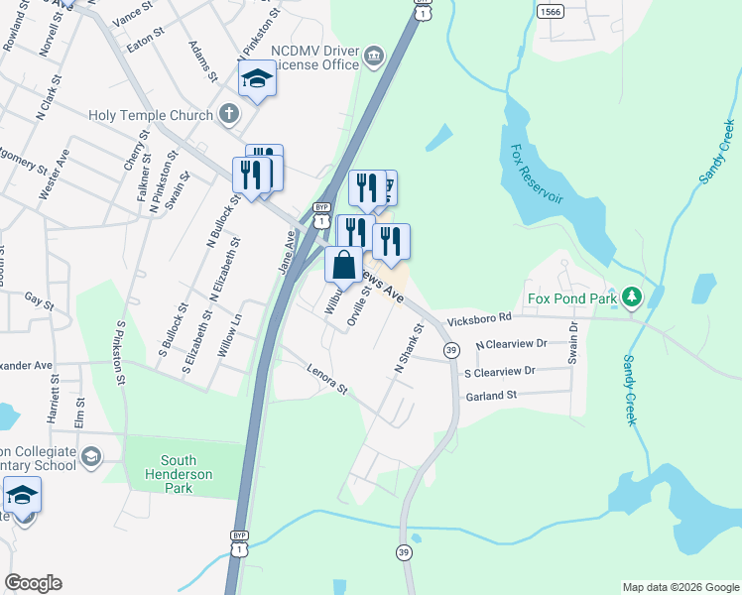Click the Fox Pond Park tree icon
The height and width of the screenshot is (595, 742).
click(x=630, y=297)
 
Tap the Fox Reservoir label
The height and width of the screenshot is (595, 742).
click(x=536, y=175)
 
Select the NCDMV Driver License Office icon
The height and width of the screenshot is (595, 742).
click(x=374, y=56)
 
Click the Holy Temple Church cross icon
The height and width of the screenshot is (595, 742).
click(x=228, y=114)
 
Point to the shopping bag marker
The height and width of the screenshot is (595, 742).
click(x=343, y=266)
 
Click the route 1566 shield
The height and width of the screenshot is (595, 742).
click(x=551, y=11)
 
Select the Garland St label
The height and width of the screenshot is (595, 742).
click(x=492, y=396)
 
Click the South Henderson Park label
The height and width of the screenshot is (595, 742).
click(x=179, y=468)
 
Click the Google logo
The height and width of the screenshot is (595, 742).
click(x=33, y=583)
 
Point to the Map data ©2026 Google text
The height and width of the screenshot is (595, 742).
click(x=680, y=587)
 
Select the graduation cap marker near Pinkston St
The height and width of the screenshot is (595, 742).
click(x=257, y=79)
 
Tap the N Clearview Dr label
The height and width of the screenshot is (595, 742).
click(x=511, y=345)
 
